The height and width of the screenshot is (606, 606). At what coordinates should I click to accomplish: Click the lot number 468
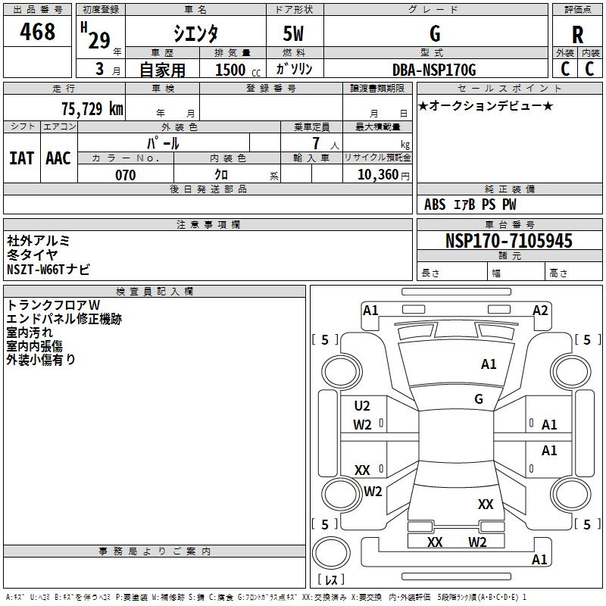39,33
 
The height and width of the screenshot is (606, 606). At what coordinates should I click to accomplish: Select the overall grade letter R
578,35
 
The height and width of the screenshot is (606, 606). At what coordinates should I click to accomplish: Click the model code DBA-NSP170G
434,70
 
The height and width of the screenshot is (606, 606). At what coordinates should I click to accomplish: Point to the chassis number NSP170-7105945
508,241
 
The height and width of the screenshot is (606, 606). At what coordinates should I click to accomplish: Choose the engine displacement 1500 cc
236,70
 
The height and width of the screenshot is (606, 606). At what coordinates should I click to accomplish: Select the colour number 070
125,175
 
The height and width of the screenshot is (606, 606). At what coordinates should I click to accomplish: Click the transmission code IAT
22,158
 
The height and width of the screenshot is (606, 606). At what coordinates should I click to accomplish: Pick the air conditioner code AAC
58,158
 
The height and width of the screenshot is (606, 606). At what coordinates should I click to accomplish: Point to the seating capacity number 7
315,143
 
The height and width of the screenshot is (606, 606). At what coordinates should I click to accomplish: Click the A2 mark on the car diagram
540,310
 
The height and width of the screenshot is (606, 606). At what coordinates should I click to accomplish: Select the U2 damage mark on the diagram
362,406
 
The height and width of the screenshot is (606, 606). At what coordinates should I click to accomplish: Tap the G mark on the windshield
479,398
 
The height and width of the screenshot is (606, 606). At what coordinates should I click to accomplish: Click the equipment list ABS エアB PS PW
470,204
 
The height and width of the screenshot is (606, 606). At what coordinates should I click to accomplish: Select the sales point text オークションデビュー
486,105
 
